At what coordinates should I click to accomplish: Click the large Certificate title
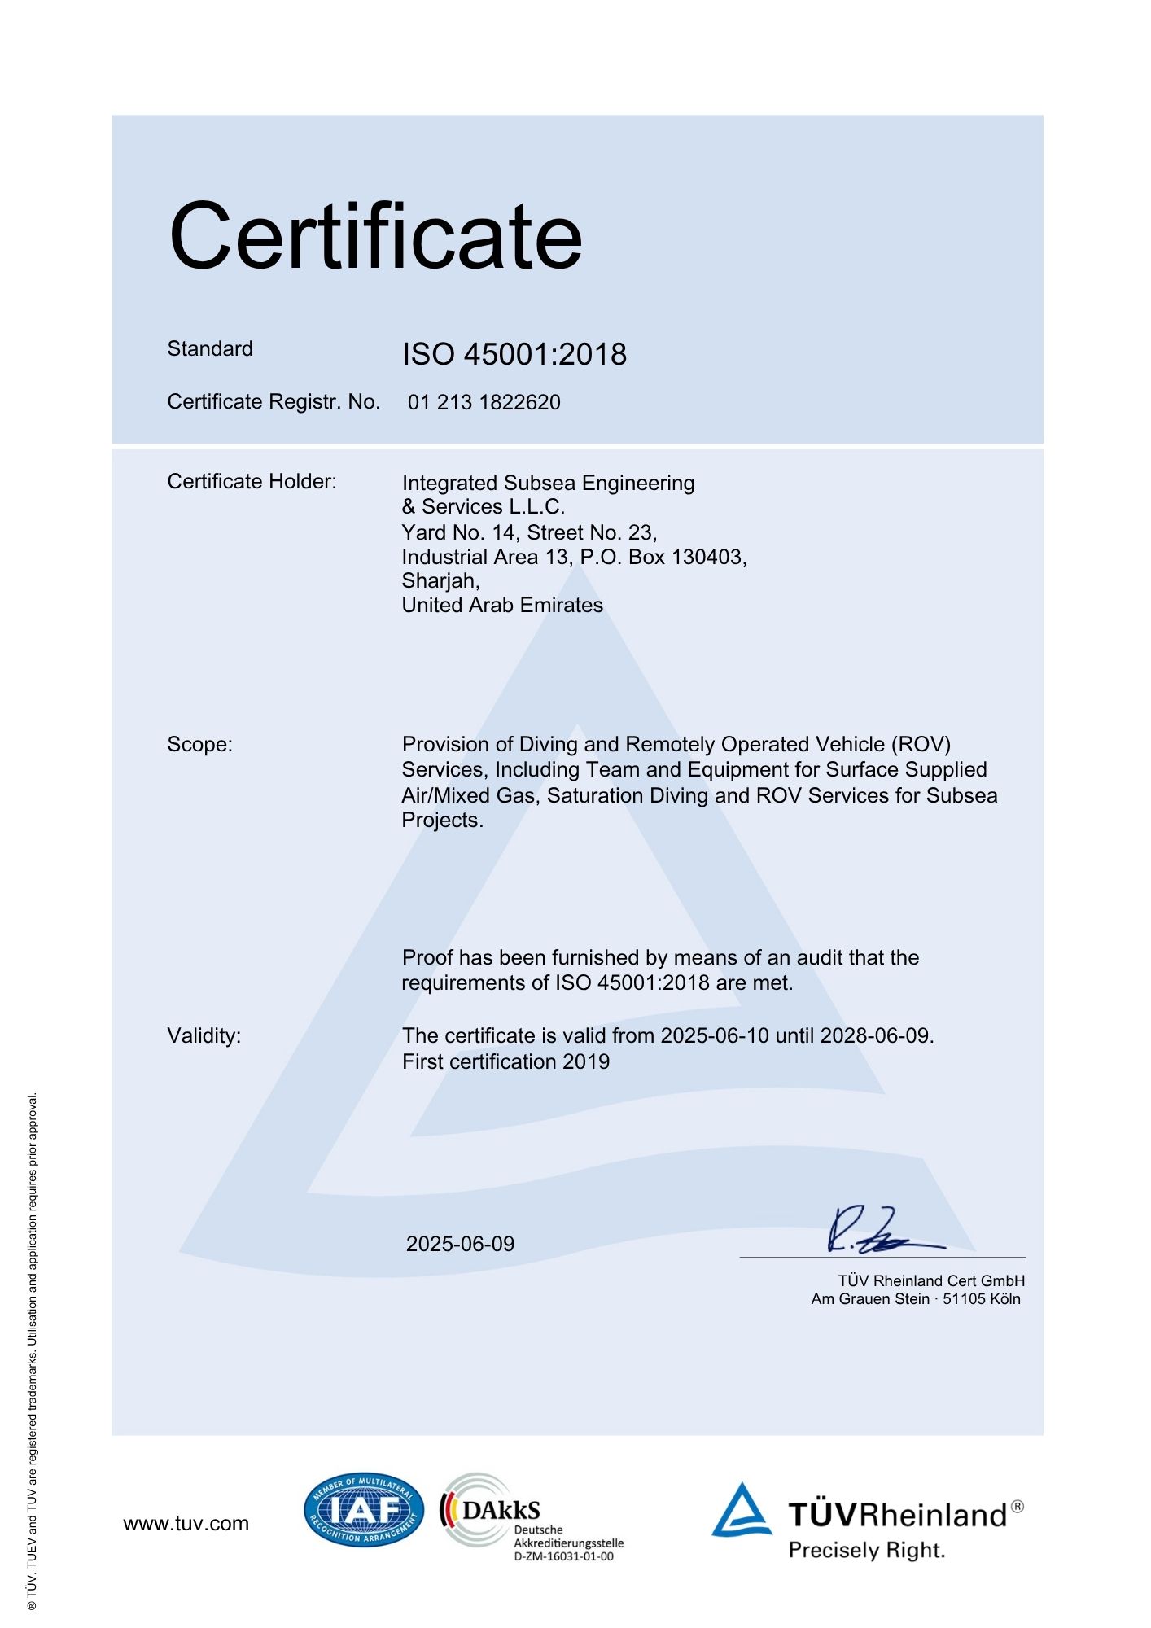[x=375, y=236]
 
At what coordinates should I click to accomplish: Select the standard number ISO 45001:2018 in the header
[x=514, y=355]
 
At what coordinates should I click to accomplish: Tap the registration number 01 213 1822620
[x=484, y=402]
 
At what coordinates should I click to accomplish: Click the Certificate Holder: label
[x=252, y=482]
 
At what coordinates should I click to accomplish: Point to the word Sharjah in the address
[x=439, y=581]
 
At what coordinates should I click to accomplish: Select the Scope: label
[x=199, y=745]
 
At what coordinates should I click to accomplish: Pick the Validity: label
[x=204, y=1036]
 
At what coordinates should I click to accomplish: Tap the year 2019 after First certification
[x=586, y=1062]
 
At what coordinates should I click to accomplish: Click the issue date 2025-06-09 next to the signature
[x=460, y=1245]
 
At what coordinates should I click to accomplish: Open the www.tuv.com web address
[x=186, y=1524]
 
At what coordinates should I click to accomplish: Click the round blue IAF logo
[x=364, y=1511]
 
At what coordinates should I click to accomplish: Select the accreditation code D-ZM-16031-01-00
[x=563, y=1556]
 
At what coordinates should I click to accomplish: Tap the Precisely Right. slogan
[x=867, y=1551]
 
